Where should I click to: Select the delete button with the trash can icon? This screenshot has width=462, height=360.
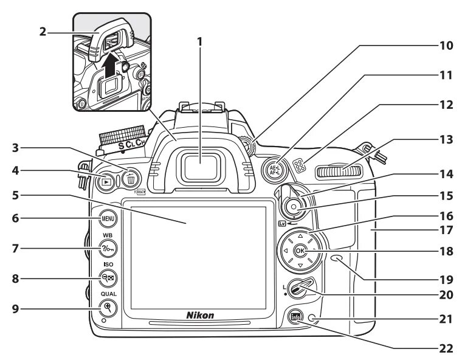131,179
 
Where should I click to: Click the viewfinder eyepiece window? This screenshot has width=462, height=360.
204,167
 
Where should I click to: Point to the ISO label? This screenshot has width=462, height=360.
108,265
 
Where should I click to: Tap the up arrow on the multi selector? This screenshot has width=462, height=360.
300,234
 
